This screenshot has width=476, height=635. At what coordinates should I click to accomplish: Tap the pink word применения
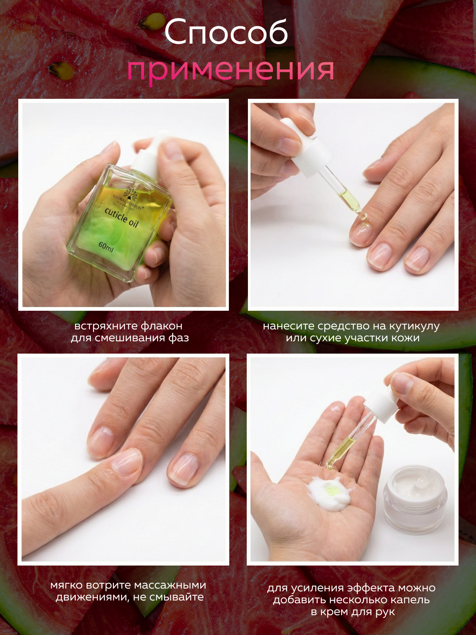click(230, 71)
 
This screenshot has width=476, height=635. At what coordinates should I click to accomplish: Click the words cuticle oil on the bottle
click(122, 217)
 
